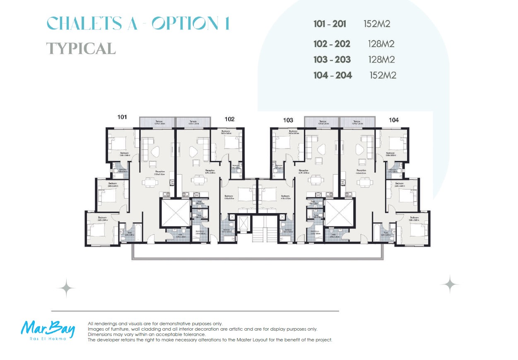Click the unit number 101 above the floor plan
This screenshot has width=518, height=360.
pos(122,117)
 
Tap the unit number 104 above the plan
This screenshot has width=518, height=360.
pos(394,120)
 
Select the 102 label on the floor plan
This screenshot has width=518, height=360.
pos(229,119)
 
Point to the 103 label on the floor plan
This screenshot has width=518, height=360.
pos(288,120)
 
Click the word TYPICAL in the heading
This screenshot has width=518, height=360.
pos(81,48)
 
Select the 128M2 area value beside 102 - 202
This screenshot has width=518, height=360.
pos(381,44)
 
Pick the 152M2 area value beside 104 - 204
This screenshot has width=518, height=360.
pos(383,75)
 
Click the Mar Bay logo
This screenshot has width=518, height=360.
pos(48,330)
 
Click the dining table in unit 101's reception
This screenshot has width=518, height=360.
pos(149,181)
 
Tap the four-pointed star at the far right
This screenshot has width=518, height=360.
pos(449,285)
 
